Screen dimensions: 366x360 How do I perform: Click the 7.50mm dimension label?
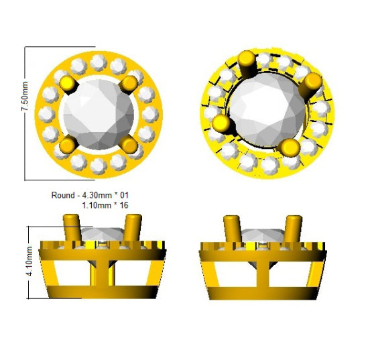(25, 96)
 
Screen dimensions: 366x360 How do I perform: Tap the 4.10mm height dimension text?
(29, 261)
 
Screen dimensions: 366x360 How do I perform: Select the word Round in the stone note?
(63, 195)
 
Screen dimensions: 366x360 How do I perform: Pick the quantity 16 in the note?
(124, 205)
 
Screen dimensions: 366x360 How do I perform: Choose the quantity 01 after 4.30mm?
(124, 195)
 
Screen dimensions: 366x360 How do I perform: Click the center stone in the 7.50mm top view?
(99, 115)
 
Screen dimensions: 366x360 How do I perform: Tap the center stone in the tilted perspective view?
(267, 110)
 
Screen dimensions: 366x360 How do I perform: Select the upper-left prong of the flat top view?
(68, 84)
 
